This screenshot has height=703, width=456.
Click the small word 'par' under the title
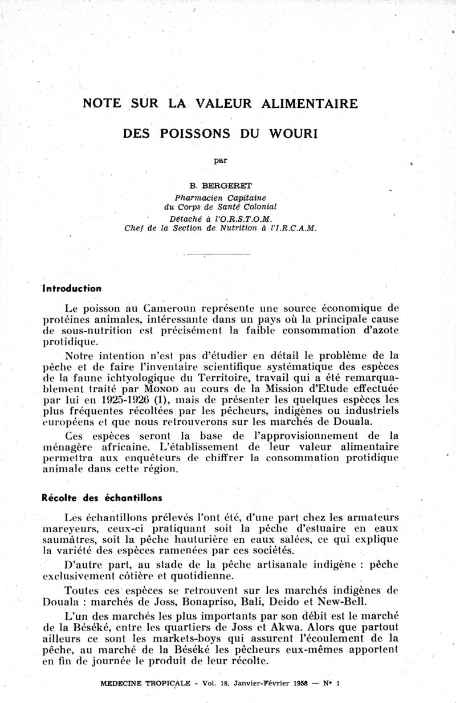pyautogui.click(x=220, y=160)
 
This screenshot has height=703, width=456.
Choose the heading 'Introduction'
pyautogui.click(x=72, y=288)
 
